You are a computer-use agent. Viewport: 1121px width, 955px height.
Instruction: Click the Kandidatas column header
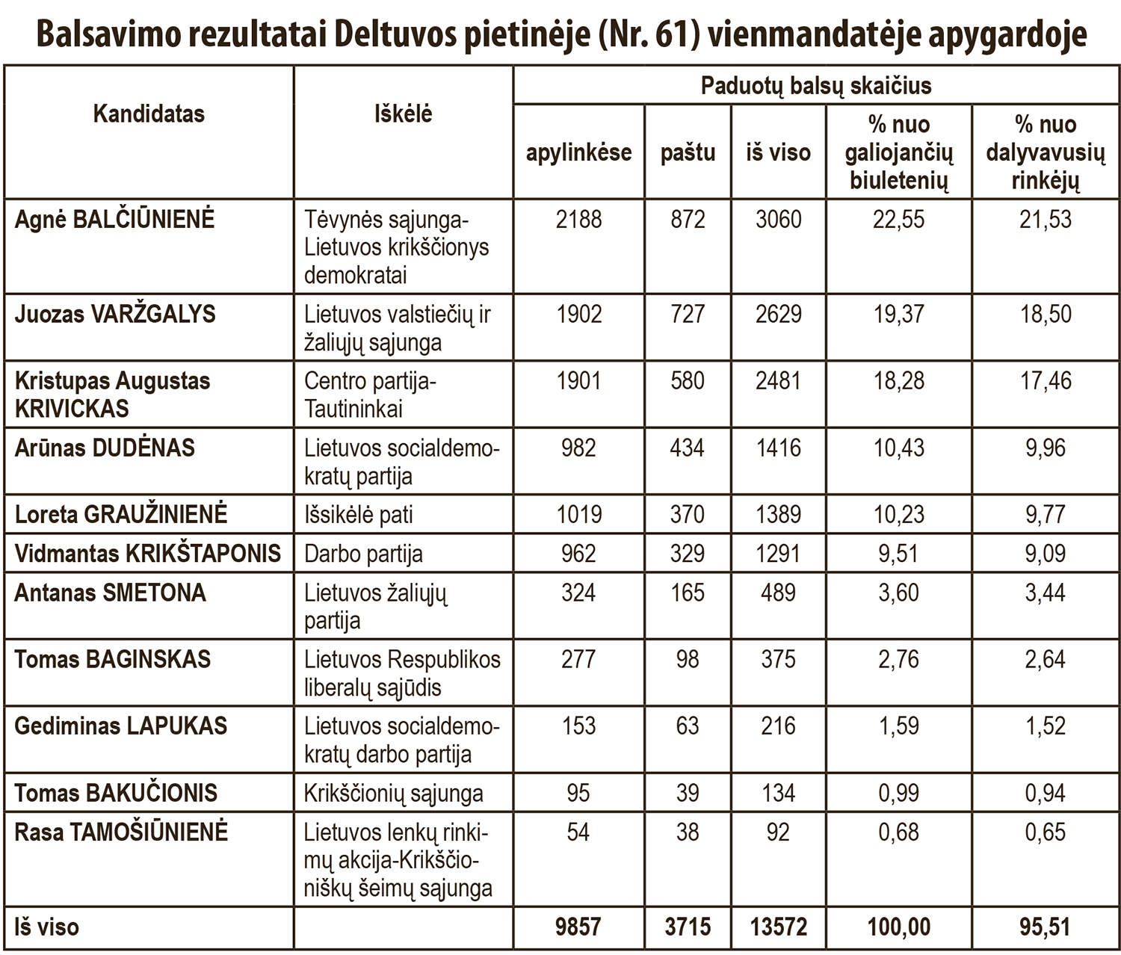(x=149, y=114)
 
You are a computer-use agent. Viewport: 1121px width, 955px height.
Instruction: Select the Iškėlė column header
(x=403, y=114)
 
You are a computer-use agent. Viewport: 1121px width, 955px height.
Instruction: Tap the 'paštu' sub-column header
(x=688, y=152)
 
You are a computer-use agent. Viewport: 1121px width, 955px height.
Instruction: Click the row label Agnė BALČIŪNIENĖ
(x=114, y=220)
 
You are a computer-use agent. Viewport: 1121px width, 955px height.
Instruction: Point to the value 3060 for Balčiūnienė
(x=778, y=220)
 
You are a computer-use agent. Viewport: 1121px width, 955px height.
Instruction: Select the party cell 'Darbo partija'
(x=363, y=554)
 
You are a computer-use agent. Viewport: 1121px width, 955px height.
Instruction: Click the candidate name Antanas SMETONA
(x=110, y=593)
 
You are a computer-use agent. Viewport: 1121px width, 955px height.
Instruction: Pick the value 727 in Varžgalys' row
(x=688, y=314)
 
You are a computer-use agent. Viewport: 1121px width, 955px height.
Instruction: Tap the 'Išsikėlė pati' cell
(x=358, y=515)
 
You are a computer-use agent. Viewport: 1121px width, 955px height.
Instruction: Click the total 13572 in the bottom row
(x=778, y=927)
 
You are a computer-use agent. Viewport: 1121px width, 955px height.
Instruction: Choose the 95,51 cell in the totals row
(x=1045, y=927)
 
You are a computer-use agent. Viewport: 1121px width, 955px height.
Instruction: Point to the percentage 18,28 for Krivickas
(x=899, y=381)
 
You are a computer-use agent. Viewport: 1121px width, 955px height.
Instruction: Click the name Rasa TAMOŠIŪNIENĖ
(x=121, y=832)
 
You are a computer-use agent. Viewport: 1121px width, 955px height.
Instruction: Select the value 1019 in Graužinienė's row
(x=578, y=515)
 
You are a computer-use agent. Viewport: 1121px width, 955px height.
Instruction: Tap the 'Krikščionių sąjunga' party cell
(x=393, y=794)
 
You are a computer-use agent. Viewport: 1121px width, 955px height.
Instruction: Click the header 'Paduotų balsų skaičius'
(x=816, y=86)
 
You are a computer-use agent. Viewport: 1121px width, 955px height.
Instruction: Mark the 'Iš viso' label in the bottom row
(x=46, y=927)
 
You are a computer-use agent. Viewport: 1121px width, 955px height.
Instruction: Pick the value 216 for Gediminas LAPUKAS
(x=778, y=726)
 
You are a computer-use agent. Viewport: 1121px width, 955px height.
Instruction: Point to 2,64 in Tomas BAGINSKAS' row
(x=1045, y=660)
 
